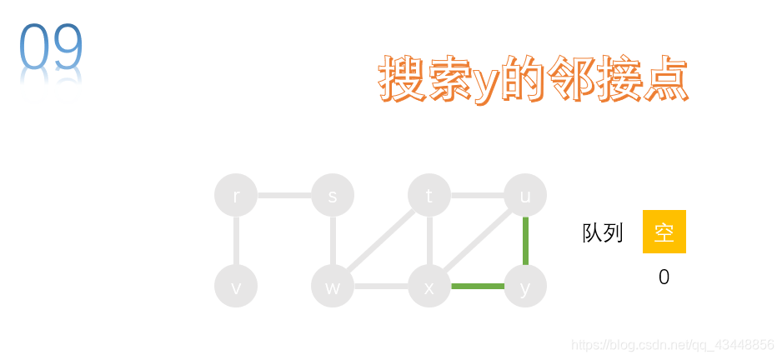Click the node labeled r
tap(236, 195)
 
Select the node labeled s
tap(333, 195)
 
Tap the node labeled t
tap(429, 195)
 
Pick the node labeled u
tap(525, 195)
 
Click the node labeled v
tap(236, 287)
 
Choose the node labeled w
tap(333, 287)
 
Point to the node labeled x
tap(429, 287)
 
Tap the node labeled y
tap(525, 287)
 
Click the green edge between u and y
tap(525, 241)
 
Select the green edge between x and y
tap(477, 287)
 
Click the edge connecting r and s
tap(284, 195)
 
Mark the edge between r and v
tap(236, 241)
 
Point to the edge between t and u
tap(477, 195)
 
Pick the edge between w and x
tap(381, 287)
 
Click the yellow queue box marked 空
tap(664, 232)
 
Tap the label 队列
tap(603, 232)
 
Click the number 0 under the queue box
tap(664, 277)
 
